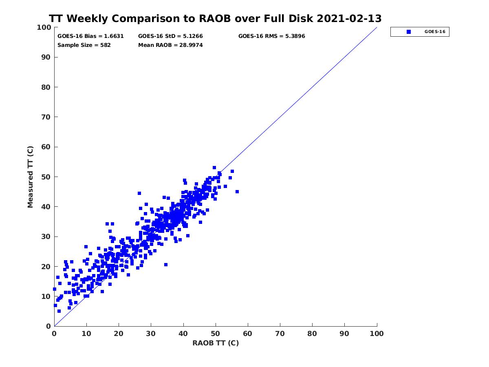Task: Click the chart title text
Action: (x=215, y=19)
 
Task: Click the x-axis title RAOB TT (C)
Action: (x=216, y=343)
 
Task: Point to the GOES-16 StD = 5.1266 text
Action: (x=170, y=36)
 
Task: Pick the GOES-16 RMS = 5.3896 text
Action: (x=271, y=36)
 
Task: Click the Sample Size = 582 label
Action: (x=84, y=45)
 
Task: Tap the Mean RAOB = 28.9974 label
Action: (x=170, y=45)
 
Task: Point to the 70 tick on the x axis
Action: (x=280, y=334)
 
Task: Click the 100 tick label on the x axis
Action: (x=377, y=334)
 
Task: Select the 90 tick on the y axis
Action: (x=46, y=57)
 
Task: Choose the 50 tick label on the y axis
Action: (x=46, y=177)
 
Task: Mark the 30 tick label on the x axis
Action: (x=151, y=334)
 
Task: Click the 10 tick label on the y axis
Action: (x=46, y=296)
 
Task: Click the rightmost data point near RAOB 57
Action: (x=237, y=192)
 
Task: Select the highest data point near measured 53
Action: (x=214, y=168)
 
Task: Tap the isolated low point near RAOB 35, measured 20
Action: (x=166, y=265)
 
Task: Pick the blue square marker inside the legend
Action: (x=409, y=32)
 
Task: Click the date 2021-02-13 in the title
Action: (x=349, y=19)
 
